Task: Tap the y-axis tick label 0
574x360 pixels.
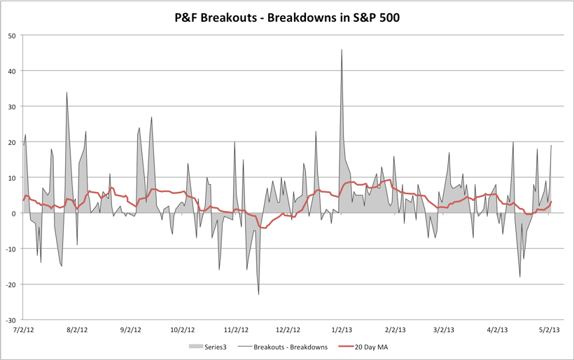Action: click(x=13, y=213)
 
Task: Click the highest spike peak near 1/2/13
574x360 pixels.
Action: click(x=342, y=50)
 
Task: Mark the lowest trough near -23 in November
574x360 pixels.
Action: click(x=258, y=294)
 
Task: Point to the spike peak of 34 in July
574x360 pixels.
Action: click(x=66, y=92)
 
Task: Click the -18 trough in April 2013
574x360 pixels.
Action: click(x=520, y=277)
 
